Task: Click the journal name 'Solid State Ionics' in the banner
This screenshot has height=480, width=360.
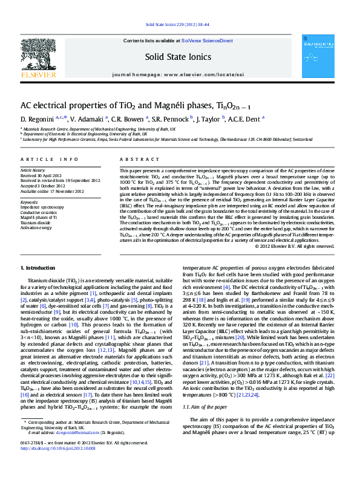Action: click(x=178, y=57)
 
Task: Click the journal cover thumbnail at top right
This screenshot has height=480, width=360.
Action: click(x=318, y=56)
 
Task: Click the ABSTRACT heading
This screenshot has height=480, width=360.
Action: click(x=134, y=159)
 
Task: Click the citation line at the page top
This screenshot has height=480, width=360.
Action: click(x=179, y=25)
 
